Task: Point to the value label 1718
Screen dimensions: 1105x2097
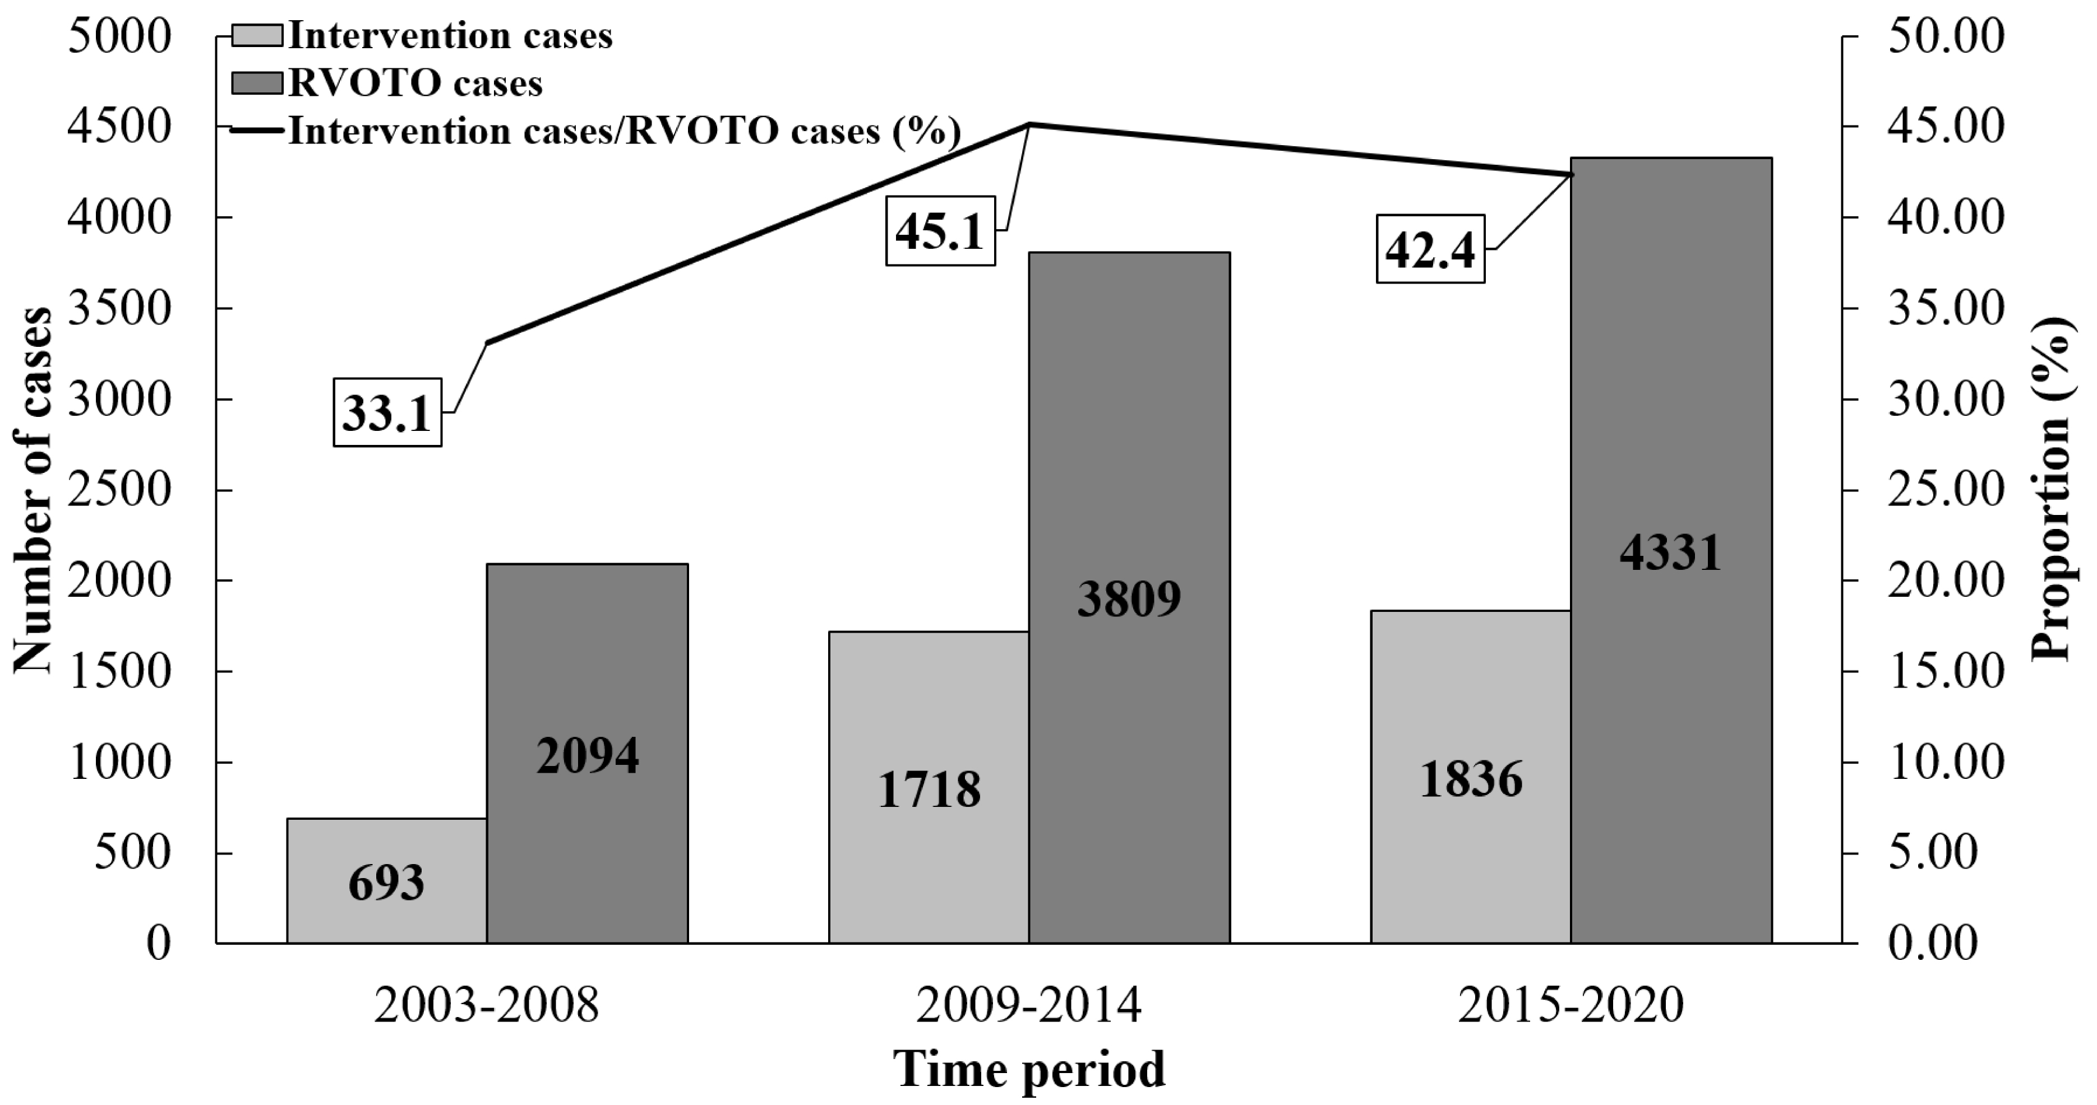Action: pos(929,790)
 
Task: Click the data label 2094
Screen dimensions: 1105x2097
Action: pos(588,755)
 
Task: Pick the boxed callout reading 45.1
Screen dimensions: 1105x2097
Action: pos(940,231)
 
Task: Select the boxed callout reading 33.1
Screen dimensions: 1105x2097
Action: pos(387,412)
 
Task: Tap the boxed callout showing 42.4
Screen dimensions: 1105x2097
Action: pos(1430,249)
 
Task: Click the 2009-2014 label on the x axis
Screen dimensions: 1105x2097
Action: pos(1029,1006)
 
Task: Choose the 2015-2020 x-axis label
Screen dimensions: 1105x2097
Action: pos(1571,1006)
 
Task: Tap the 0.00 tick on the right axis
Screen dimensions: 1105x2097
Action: pos(1933,944)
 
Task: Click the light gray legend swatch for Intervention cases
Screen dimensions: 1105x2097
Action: pos(257,36)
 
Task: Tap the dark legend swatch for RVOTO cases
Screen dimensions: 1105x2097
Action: pos(257,83)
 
